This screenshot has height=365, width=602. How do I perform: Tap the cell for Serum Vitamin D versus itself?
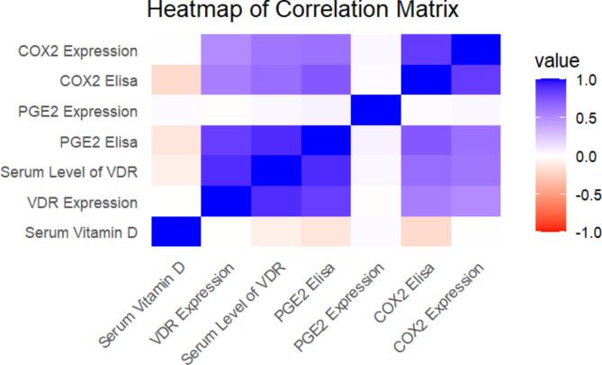pos(175,233)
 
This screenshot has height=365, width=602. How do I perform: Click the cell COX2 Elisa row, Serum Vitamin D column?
pos(175,81)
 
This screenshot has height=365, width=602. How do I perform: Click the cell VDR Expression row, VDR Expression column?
pos(225,202)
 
